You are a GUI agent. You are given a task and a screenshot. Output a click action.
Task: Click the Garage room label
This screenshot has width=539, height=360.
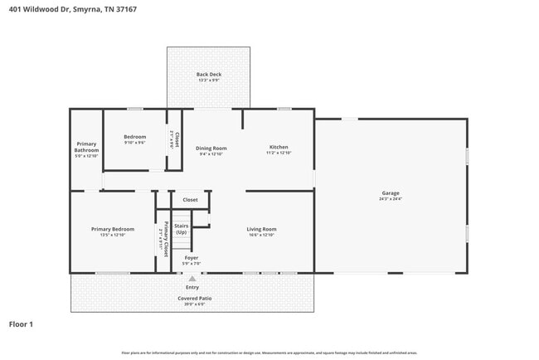click(390, 193)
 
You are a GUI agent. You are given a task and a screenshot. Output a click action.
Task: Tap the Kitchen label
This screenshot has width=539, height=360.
click(278, 147)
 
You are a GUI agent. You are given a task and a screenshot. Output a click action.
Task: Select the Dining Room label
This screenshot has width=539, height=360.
click(211, 148)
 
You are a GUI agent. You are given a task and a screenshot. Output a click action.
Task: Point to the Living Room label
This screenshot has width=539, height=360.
click(261, 229)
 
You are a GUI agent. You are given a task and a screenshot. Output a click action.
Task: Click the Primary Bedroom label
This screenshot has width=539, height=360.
click(112, 229)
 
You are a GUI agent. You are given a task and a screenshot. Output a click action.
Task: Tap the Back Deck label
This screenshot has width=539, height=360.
click(208, 75)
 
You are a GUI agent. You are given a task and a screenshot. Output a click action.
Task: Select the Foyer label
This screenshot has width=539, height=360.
click(191, 258)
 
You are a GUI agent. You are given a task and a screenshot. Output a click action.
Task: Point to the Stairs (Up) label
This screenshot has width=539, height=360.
click(181, 229)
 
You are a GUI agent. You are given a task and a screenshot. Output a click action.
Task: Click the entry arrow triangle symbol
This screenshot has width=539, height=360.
click(192, 280)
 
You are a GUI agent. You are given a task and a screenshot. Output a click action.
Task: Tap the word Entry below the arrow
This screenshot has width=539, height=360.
click(192, 288)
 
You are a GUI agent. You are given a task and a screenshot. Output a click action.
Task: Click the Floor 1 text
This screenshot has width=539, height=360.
click(21, 324)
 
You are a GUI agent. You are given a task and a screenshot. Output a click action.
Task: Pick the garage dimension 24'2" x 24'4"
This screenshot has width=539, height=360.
click(390, 199)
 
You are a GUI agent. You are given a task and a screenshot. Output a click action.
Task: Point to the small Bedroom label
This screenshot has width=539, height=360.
click(134, 137)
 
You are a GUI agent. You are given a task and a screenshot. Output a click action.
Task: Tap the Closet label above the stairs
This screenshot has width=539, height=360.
click(190, 200)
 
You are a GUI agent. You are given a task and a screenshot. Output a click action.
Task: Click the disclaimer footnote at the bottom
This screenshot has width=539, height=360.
click(269, 353)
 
